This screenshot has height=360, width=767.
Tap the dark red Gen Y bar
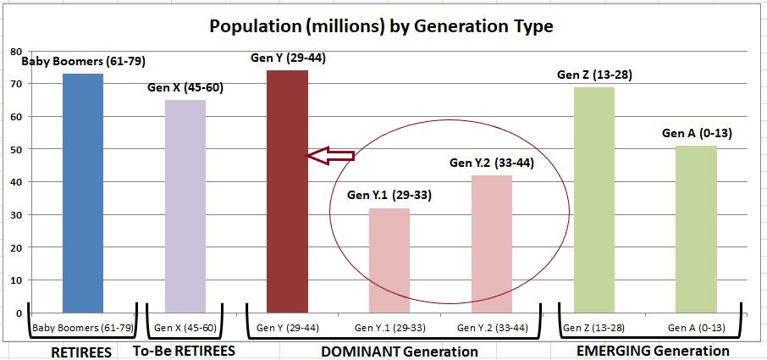coord(287,191)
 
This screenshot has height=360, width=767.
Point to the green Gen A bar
coord(697,229)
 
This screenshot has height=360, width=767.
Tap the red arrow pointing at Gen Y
coord(329,155)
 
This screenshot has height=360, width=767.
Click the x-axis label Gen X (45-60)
coord(185,327)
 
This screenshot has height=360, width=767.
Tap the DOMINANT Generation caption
coord(400,351)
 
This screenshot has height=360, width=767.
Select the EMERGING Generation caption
coord(652,350)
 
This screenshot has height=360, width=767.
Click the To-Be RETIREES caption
coord(184,351)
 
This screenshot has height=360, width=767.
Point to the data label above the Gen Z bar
coord(594,75)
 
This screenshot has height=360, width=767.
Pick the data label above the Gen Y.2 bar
coord(491,163)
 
